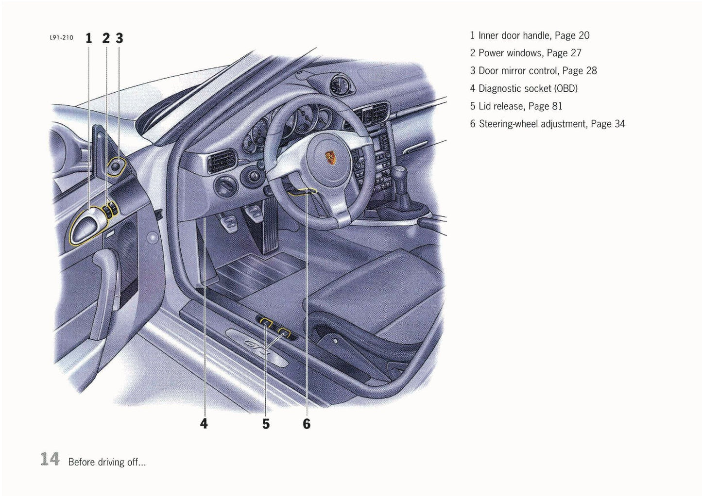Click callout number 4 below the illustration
[x=204, y=423]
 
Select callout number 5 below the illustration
[x=266, y=423]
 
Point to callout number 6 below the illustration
[x=307, y=423]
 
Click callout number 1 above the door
[x=89, y=38]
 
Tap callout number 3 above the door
[x=120, y=38]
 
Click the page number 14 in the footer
[x=50, y=459]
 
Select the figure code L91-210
[x=61, y=38]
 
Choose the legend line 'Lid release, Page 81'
[x=515, y=106]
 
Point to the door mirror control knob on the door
[x=117, y=166]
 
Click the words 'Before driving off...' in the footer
[x=107, y=462]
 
